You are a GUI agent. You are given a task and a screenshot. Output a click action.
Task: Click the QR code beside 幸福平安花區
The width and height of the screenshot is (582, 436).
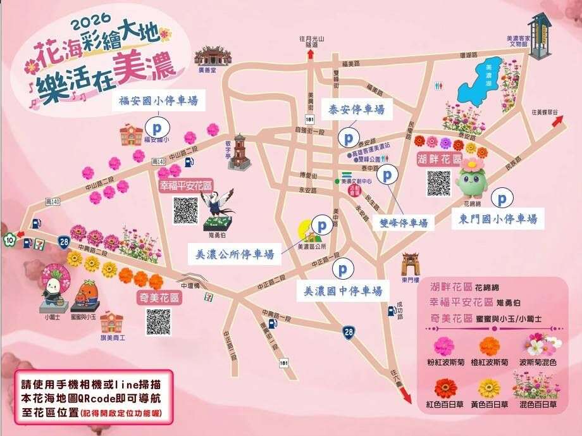tap(186, 210)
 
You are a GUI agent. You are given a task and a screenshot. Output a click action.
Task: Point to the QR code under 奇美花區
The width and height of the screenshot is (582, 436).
tap(158, 321)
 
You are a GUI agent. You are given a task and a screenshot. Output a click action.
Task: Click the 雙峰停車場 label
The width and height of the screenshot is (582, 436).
tap(404, 223)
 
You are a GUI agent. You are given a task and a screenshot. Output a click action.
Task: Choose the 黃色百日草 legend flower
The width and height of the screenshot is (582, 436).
tap(489, 387)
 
